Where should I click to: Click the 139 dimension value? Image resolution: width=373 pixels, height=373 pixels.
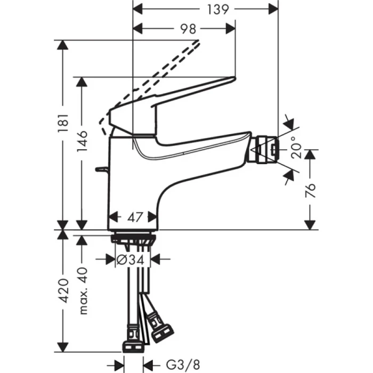coord(218,9)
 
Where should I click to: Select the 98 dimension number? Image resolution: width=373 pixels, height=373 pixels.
coord(188,29)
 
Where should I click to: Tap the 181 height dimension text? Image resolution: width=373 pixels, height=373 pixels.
coord(63,123)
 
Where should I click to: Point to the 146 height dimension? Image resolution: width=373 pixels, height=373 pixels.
coord(82,141)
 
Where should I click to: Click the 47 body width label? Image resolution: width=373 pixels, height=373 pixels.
coord(135,217)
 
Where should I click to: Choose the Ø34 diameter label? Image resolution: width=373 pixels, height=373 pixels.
coord(131,260)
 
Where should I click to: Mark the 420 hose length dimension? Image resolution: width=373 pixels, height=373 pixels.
coord(63,291)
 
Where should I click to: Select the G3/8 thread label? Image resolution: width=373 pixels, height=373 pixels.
coord(183,364)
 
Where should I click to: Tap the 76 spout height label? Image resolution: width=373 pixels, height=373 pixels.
coord(310,190)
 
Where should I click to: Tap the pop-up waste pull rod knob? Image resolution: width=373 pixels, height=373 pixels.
coord(101,169)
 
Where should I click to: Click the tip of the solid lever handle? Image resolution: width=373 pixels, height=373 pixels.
coord(235,78)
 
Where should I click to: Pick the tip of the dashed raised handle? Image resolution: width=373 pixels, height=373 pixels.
coord(198,41)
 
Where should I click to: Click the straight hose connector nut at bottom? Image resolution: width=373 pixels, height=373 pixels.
coord(133,347)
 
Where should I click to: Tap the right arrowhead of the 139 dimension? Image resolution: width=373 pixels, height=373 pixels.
coord(273,9)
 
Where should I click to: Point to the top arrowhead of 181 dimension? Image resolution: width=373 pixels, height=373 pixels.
coord(63,45)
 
